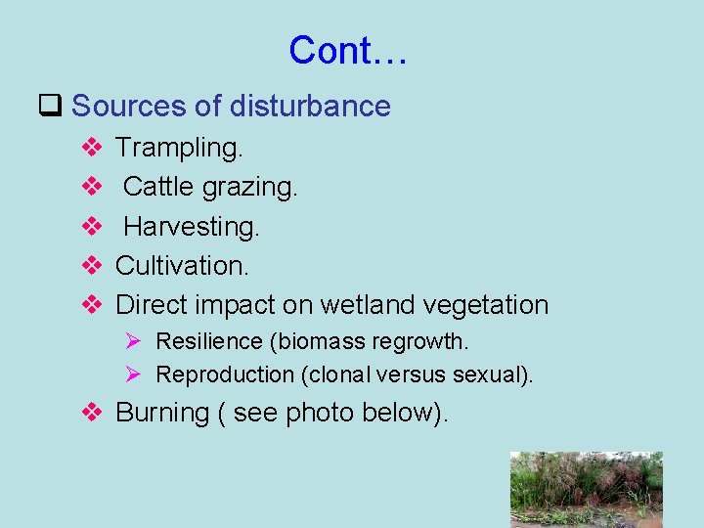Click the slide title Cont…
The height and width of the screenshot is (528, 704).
348,50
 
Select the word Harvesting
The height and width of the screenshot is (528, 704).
192,226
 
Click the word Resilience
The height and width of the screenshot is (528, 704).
211,341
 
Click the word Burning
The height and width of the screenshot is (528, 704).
162,413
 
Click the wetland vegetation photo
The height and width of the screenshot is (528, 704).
586,489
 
